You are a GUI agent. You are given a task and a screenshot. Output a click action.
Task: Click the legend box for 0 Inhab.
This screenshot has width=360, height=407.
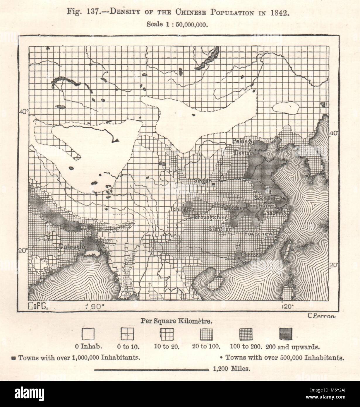click(88, 334)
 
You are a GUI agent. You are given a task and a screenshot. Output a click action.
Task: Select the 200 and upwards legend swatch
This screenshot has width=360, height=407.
click(286, 334)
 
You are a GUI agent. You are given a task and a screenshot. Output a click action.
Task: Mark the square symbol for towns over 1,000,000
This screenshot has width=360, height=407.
click(14, 358)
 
